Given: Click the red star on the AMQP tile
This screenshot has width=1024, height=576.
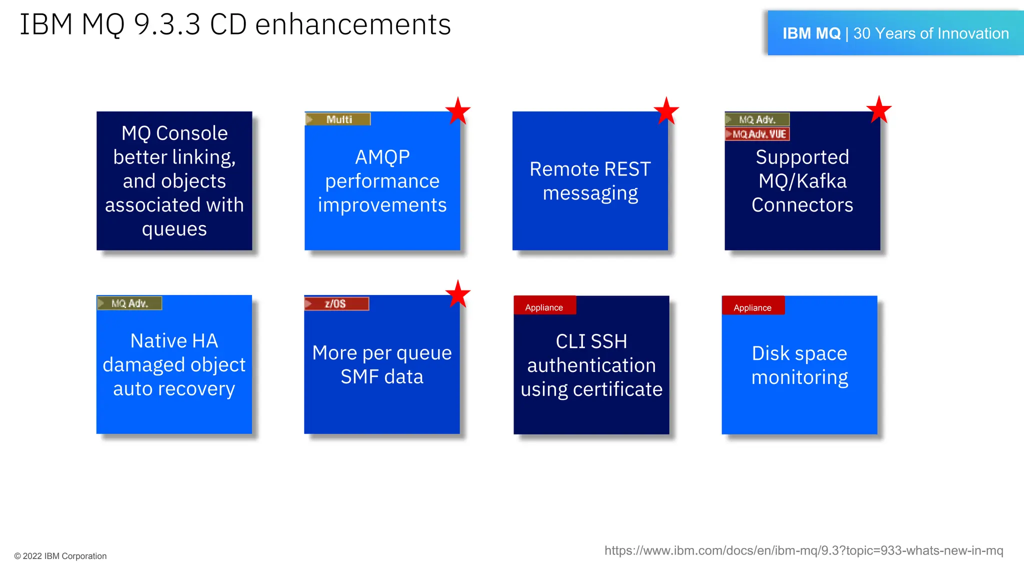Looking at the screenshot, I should coord(457,111).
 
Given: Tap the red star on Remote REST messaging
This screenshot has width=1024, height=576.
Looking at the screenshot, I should coord(666,111).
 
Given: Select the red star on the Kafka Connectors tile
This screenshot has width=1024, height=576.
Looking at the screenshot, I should coord(878,110).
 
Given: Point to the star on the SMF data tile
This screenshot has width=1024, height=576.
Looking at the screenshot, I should coord(457,294).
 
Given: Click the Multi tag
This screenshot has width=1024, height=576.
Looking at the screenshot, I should coord(338,119).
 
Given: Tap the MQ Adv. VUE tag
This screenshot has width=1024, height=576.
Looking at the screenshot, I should coord(757,134).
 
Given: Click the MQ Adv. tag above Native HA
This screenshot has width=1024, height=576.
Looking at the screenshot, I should coord(129,303).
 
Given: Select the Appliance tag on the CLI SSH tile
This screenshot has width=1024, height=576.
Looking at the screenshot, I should coord(544,307).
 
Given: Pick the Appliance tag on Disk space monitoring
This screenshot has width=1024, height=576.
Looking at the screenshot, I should coord(752,307).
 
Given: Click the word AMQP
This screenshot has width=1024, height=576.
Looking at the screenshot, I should coord(382,157).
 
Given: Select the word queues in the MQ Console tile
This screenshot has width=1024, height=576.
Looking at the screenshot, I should coord(174,229).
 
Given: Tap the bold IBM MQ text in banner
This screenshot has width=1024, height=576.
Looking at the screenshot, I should coord(811,33).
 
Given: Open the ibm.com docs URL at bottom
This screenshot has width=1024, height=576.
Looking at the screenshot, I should coord(803,550).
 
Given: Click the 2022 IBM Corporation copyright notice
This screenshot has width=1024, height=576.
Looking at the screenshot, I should coord(60,556).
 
